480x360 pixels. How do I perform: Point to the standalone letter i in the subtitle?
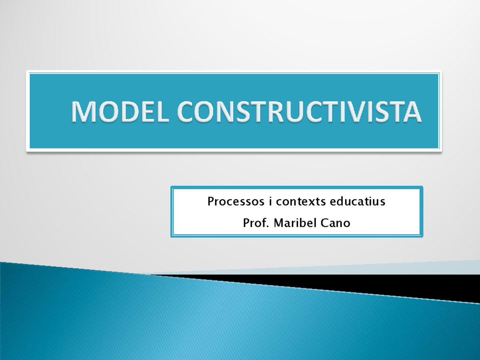pos(267,201)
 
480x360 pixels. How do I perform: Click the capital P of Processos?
pos(211,201)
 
